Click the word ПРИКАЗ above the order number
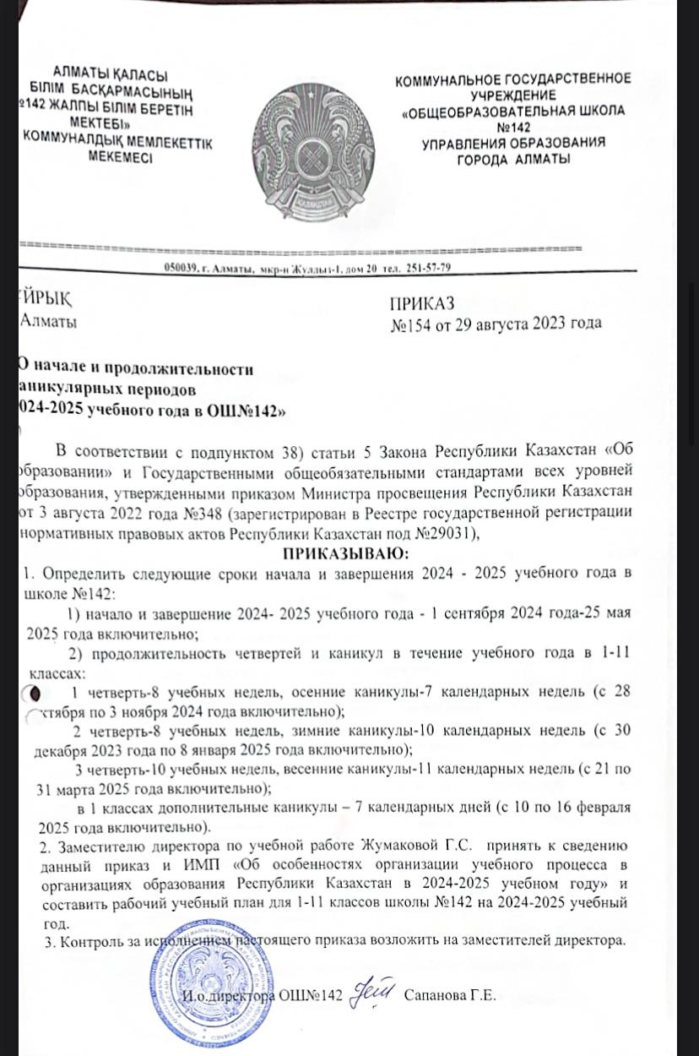(422, 303)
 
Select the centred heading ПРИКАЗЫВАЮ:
(345, 553)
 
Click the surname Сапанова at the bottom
(432, 995)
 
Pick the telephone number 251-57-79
(429, 268)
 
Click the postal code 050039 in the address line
(181, 269)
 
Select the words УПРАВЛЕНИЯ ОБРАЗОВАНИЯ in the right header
(514, 144)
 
